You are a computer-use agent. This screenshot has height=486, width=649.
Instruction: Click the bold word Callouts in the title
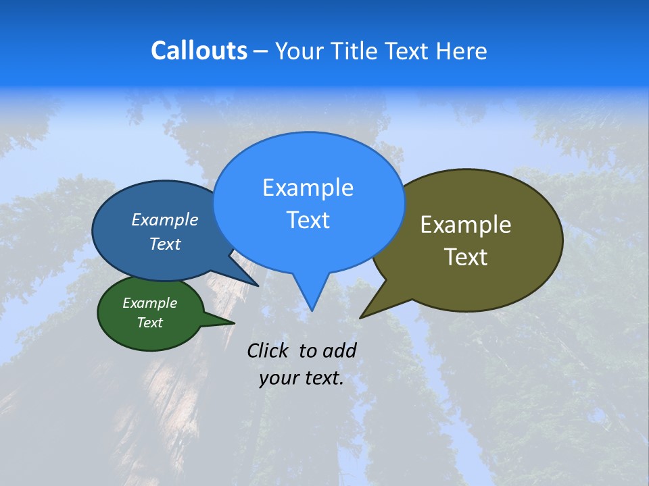click(x=199, y=51)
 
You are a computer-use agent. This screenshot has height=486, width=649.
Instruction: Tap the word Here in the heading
click(x=462, y=51)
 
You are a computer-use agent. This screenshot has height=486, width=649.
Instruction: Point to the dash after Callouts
click(x=261, y=51)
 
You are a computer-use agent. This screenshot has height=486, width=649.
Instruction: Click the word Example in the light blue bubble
click(x=308, y=188)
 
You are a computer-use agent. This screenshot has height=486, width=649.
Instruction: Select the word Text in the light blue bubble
click(x=308, y=220)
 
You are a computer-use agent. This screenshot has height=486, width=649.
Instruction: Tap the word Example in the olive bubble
click(x=466, y=225)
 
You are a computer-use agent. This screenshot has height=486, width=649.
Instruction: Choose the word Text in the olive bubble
click(x=466, y=257)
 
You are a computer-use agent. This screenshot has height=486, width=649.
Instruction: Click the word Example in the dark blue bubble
click(x=165, y=219)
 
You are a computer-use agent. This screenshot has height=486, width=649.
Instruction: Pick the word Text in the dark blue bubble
click(x=165, y=244)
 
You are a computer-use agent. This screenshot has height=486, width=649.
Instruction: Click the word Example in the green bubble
click(x=149, y=303)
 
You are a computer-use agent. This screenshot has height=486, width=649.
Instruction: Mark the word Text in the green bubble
click(x=149, y=323)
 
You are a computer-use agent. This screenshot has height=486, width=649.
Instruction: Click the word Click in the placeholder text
click(x=268, y=350)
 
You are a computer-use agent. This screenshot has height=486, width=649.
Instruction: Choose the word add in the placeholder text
click(x=339, y=350)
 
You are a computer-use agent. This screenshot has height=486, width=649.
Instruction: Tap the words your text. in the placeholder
click(x=302, y=378)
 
